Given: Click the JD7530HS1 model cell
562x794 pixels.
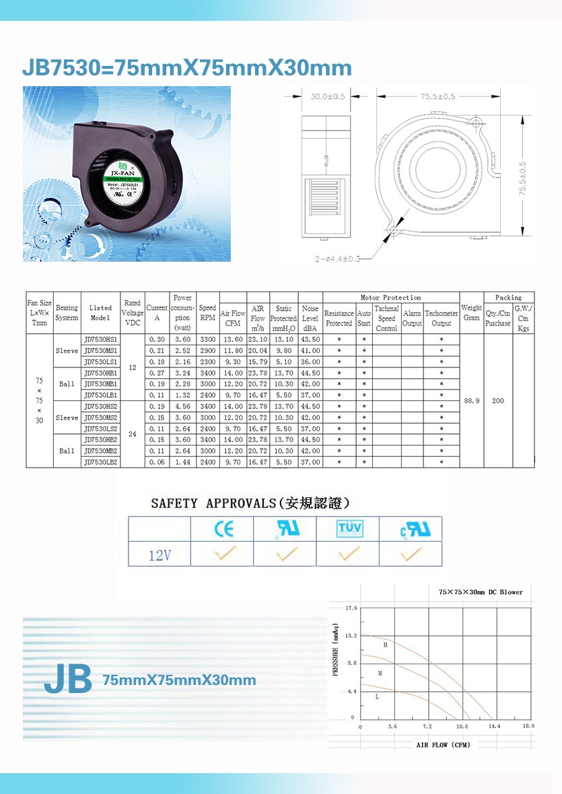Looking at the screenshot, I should (x=100, y=340).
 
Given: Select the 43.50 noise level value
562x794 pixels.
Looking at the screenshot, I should (x=310, y=340).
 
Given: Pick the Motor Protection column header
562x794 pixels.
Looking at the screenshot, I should (x=390, y=297).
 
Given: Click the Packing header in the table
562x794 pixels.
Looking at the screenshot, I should (x=508, y=297).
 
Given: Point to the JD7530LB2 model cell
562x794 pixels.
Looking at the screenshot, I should (x=100, y=462).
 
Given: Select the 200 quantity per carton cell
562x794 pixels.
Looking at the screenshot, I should (x=498, y=401).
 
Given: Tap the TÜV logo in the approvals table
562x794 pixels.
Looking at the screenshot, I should (x=348, y=529).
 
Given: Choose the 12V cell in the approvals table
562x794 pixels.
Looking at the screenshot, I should (x=160, y=555).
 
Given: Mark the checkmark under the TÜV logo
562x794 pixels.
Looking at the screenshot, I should (x=348, y=554).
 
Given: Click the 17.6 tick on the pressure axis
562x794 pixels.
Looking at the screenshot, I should (x=351, y=609).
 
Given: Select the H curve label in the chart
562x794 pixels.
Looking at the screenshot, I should (x=385, y=645).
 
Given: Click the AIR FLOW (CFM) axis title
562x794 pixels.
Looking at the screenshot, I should (x=443, y=745).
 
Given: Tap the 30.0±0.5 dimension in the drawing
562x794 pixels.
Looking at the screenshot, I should (x=327, y=97).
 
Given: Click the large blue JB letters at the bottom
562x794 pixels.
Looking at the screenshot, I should (x=68, y=680).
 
